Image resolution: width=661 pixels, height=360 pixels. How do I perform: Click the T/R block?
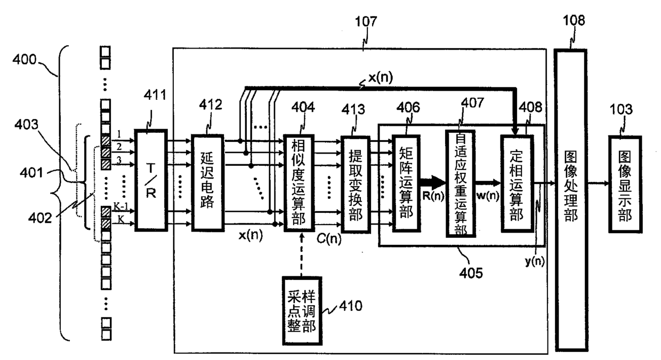coord(151,180)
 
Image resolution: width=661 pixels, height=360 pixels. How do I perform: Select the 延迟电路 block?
coord(208,182)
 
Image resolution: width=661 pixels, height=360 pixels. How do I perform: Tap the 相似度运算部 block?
coord(299,183)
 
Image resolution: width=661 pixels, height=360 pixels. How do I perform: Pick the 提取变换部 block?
coord(356,185)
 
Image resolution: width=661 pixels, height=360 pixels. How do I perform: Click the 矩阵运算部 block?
coord(406,183)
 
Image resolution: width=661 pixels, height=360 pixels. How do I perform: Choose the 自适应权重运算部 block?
coord(461,183)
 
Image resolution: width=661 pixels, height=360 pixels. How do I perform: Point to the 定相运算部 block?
coord(517,183)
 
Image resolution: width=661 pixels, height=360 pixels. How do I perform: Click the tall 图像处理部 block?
coord(571,200)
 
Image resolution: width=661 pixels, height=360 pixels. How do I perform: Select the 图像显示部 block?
coord(625,185)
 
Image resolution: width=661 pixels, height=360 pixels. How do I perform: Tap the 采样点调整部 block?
coord(302,311)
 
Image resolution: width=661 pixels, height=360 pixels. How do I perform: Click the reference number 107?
coord(366,21)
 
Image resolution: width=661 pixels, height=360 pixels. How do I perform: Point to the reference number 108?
coord(574,21)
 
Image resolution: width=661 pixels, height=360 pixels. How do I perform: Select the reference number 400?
coord(24,60)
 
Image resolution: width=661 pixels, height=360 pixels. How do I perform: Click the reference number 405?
coord(471,273)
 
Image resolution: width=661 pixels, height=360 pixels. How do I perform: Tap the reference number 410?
coord(351,306)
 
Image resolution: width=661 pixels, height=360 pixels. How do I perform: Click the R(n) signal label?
coord(433,196)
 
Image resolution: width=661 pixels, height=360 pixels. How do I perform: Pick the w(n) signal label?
coord(488,196)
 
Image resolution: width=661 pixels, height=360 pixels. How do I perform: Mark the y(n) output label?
coord(535,261)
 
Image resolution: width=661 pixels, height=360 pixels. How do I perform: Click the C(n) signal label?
coord(329,238)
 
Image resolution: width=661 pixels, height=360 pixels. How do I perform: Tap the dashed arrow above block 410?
coord(301,254)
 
